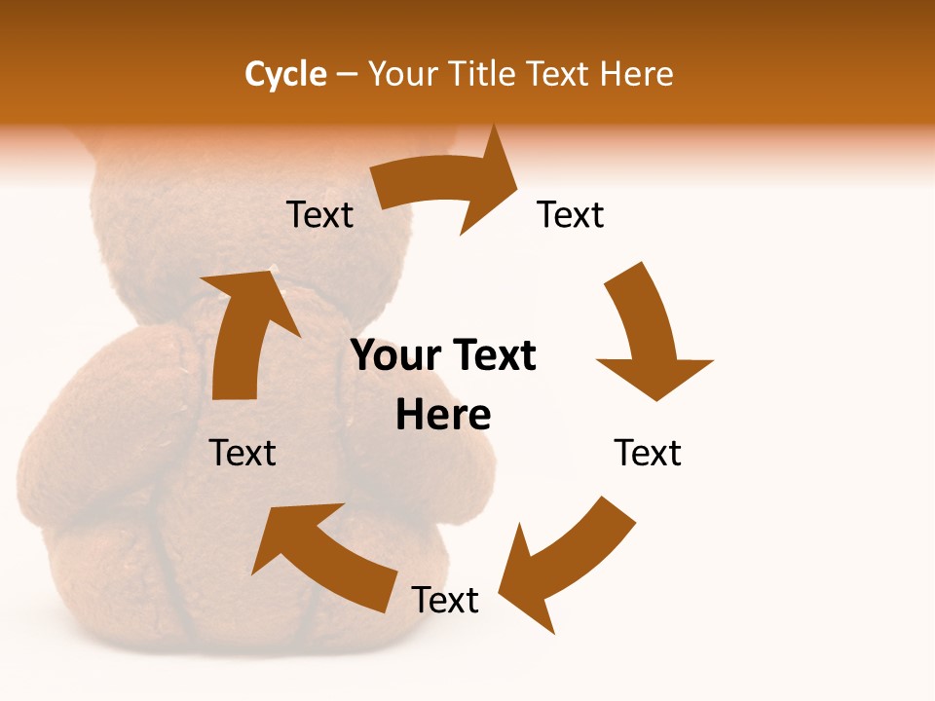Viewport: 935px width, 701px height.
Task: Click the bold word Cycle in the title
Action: tap(285, 74)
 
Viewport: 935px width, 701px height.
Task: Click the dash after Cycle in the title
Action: tap(347, 74)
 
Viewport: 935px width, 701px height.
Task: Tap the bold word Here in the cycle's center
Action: tap(443, 415)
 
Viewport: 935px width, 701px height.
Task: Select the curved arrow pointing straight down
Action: tap(648, 336)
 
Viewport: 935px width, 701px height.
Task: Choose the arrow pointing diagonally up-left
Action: tap(326, 555)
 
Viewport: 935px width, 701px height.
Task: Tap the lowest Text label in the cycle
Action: tap(445, 600)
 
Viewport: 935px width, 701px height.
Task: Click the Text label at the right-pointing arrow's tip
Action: tap(571, 214)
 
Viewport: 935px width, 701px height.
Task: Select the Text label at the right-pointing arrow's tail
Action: tap(319, 214)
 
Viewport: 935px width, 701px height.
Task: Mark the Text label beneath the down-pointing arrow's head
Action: tap(648, 453)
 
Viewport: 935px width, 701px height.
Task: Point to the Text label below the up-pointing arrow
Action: tap(243, 453)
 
